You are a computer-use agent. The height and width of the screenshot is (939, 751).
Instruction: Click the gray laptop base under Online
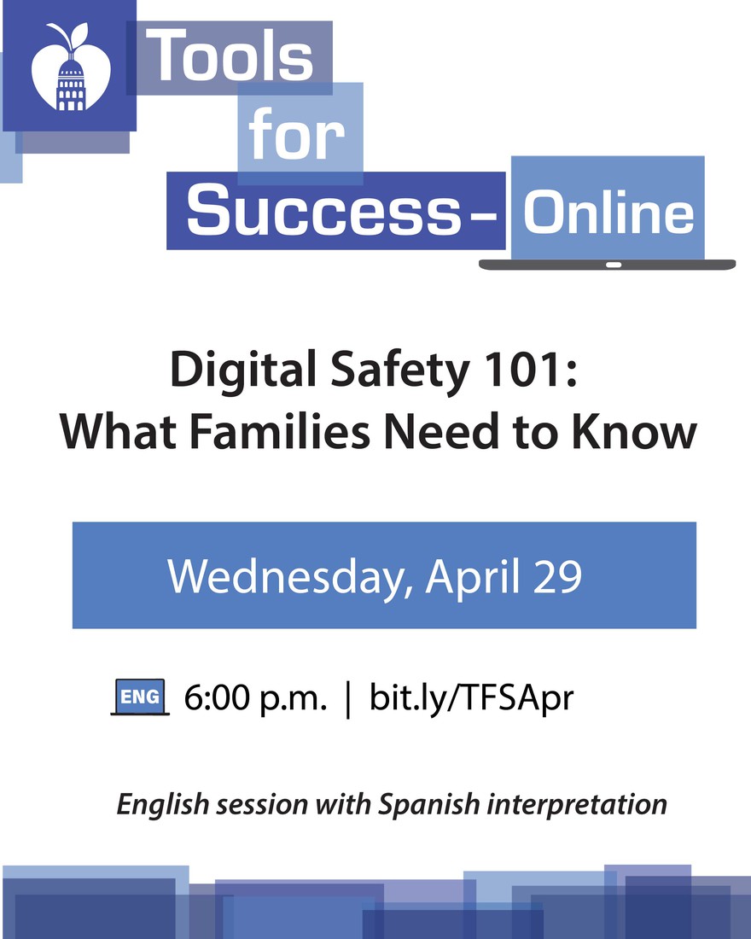coord(608,265)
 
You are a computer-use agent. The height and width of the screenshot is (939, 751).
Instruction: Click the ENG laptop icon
coord(140,697)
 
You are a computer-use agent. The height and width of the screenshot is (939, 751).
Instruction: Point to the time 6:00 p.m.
coord(256,698)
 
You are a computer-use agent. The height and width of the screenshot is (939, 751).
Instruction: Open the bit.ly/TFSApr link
coord(471,697)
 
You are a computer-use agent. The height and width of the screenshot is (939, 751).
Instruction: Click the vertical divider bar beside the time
coord(348,699)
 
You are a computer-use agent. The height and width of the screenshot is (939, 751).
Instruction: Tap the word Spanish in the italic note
coord(428,804)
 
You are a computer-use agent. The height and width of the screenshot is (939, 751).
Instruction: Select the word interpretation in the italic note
coord(577,804)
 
